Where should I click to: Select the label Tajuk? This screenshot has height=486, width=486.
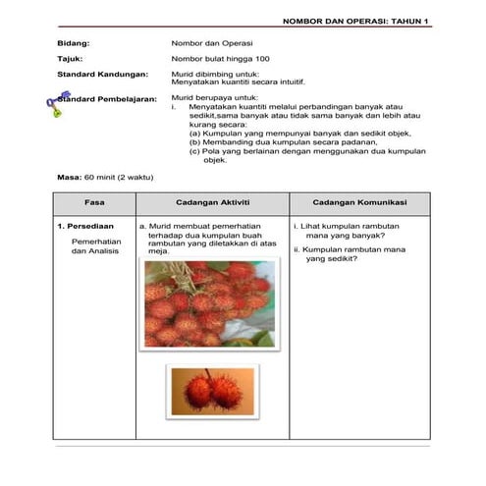click(72, 60)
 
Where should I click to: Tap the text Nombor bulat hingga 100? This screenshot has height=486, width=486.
click(213, 60)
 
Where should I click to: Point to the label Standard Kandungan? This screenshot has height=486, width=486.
click(102, 75)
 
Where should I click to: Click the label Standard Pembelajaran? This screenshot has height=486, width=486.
click(107, 100)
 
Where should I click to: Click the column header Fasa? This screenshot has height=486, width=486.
click(94, 202)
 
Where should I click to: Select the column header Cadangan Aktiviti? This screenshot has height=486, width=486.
click(212, 202)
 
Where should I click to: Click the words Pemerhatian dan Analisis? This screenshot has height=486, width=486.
click(93, 245)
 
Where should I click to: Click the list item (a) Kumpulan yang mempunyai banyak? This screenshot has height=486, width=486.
click(299, 133)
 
